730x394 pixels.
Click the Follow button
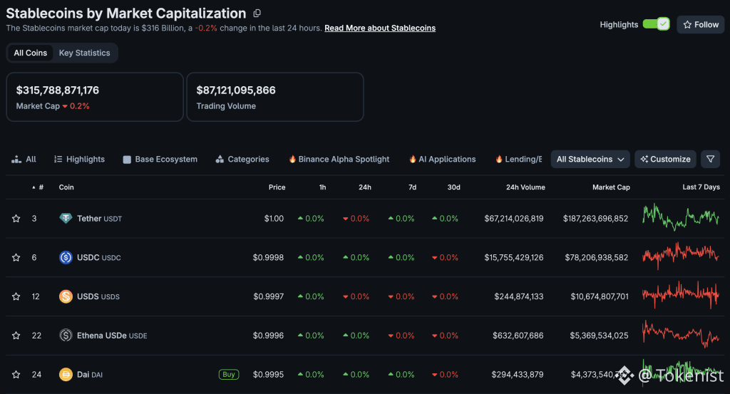pyautogui.click(x=700, y=24)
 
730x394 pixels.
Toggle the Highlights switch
pyautogui.click(x=656, y=24)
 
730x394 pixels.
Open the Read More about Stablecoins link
pyautogui.click(x=380, y=28)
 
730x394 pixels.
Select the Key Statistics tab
pyautogui.click(x=84, y=53)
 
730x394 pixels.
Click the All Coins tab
pyautogui.click(x=31, y=53)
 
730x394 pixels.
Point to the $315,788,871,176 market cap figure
pyautogui.click(x=58, y=90)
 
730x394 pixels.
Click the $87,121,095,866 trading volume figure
pyautogui.click(x=236, y=90)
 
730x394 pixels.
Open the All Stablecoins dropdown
pyautogui.click(x=590, y=159)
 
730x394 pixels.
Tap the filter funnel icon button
pyautogui.click(x=710, y=159)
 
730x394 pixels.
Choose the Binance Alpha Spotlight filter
pyautogui.click(x=339, y=159)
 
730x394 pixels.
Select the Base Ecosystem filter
pyautogui.click(x=160, y=159)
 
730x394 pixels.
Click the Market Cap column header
pyautogui.click(x=611, y=187)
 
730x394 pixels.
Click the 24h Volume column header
pyautogui.click(x=525, y=187)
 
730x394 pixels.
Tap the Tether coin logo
pyautogui.click(x=66, y=219)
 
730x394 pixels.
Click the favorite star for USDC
pyautogui.click(x=16, y=257)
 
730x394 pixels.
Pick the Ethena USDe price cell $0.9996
pyautogui.click(x=269, y=336)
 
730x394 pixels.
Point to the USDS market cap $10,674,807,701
pyautogui.click(x=599, y=296)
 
